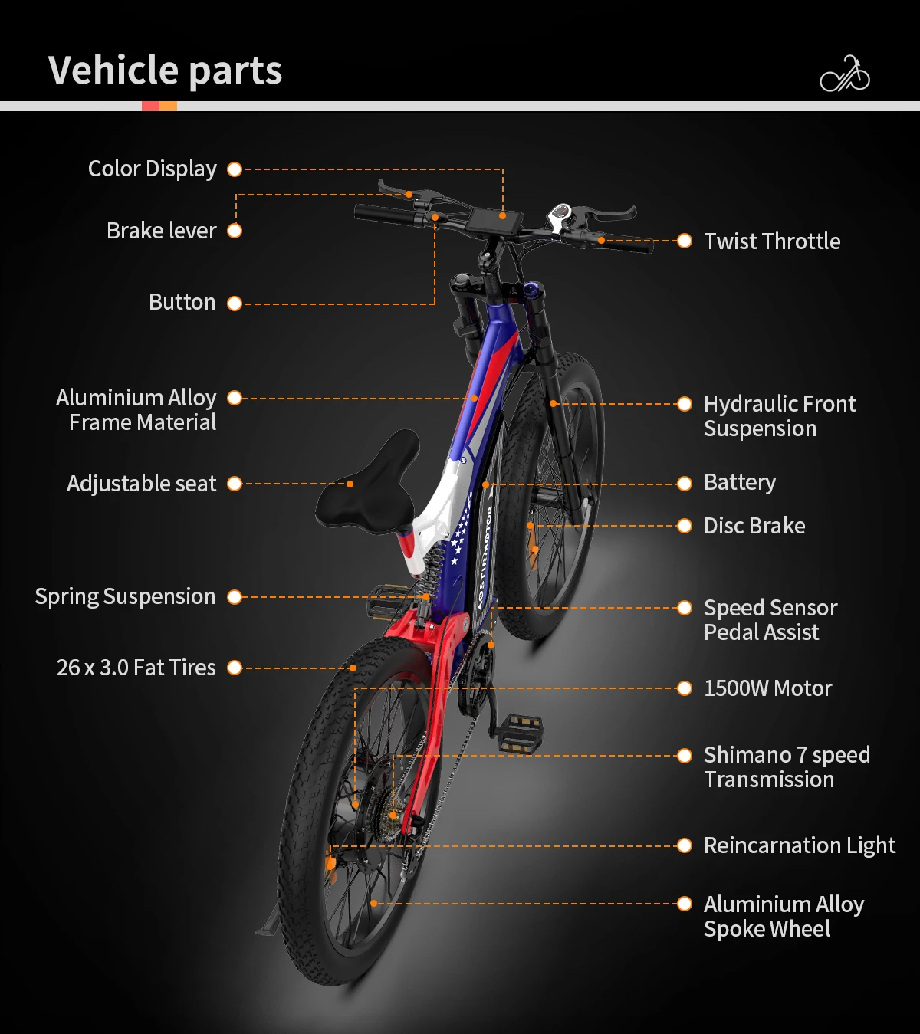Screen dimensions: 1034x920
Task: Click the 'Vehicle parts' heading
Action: [165, 71]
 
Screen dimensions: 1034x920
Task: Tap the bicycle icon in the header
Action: [845, 74]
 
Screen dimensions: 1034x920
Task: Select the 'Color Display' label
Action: [152, 169]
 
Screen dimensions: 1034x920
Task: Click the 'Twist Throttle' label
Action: [771, 241]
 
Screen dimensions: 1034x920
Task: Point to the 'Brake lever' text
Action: [161, 231]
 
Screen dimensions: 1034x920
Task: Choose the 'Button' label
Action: [182, 302]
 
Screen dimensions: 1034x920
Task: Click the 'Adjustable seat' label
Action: [141, 484]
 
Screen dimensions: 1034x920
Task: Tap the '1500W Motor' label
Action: [767, 688]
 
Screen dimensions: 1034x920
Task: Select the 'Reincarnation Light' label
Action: [799, 845]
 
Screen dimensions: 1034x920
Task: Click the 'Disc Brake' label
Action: [754, 526]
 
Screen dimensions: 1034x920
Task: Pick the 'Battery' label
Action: [739, 482]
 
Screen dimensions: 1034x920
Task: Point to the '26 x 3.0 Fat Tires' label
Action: [136, 668]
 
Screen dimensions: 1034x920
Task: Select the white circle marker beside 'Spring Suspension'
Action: [235, 597]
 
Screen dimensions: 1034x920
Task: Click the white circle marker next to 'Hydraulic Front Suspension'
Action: [685, 404]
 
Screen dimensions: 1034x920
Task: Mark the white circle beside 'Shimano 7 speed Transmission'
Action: [685, 756]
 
